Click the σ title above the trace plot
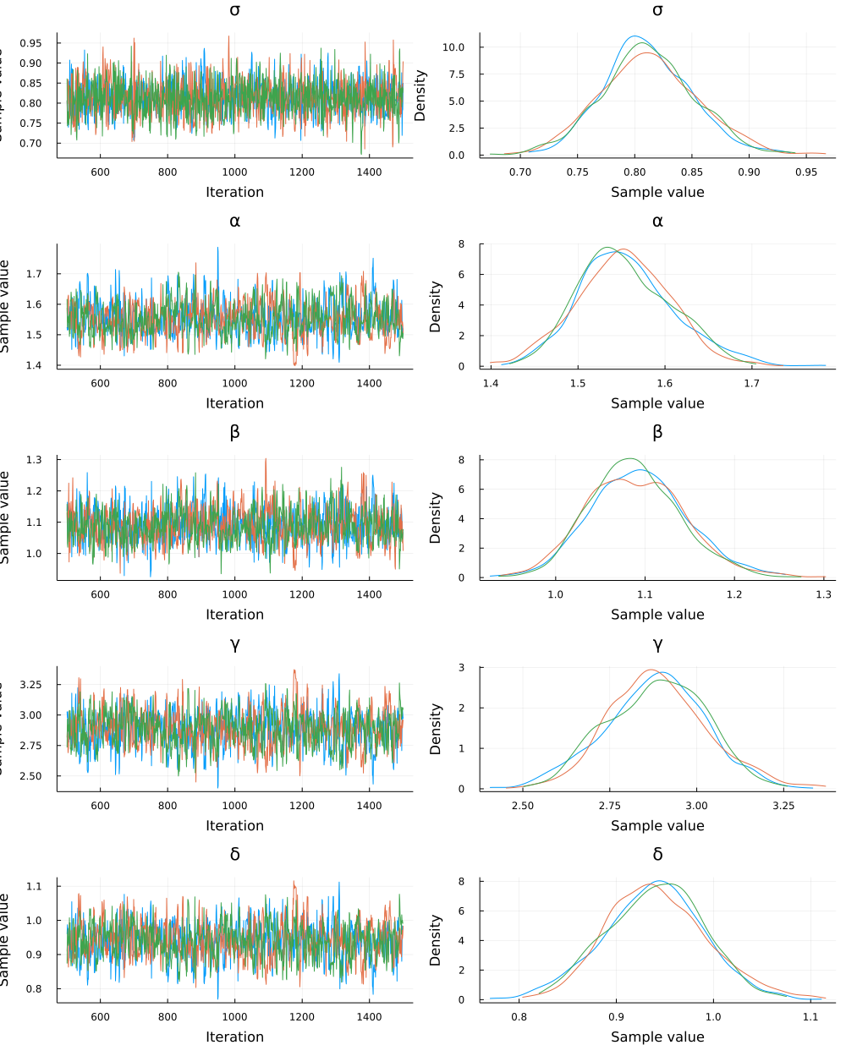(x=234, y=10)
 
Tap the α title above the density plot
(x=657, y=222)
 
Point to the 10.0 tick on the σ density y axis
(x=453, y=47)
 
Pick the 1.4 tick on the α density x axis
(x=491, y=383)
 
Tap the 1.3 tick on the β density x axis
(x=823, y=594)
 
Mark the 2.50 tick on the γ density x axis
(x=523, y=806)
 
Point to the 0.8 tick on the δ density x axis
(x=519, y=1017)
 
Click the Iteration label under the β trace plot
(x=234, y=615)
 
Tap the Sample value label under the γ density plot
(x=657, y=826)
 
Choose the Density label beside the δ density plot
(x=436, y=940)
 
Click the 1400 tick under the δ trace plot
(x=369, y=1017)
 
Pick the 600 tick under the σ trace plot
(x=100, y=172)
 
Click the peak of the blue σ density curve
(x=634, y=36)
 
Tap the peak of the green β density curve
(x=629, y=458)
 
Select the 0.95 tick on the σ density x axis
(x=806, y=172)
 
